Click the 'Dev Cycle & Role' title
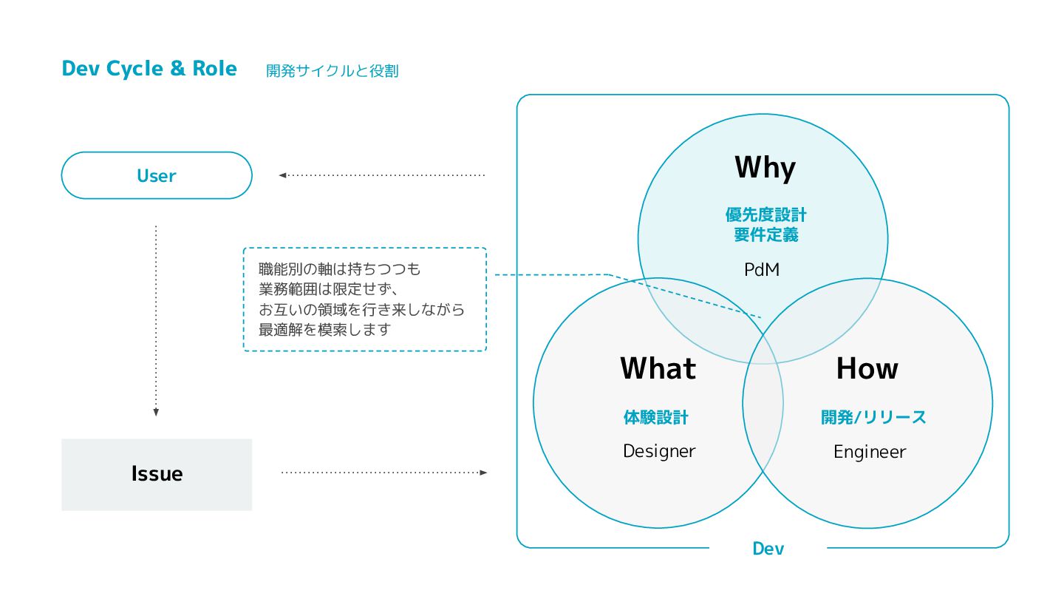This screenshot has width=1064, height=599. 149,69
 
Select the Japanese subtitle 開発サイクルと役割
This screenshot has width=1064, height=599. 332,71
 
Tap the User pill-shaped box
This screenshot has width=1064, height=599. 157,176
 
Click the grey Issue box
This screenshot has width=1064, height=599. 157,474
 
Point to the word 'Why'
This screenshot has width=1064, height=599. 765,168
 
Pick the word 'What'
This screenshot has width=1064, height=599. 658,368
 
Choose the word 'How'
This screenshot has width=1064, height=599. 867,368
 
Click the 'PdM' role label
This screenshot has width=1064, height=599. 762,270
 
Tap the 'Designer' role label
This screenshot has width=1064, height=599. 659,451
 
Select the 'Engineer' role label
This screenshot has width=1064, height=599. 870,452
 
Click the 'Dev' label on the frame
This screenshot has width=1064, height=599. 768,549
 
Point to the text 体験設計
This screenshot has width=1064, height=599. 656,418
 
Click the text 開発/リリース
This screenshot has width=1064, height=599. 873,418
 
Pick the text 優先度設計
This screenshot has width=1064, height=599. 765,215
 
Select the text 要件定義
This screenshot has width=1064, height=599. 765,235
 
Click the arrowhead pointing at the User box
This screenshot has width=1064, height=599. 282,176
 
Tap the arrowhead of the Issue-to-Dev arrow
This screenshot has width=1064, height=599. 483,472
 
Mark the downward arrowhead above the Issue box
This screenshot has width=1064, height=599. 156,413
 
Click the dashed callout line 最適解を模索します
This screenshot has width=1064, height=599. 324,330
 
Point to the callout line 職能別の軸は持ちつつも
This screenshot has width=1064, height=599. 339,269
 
